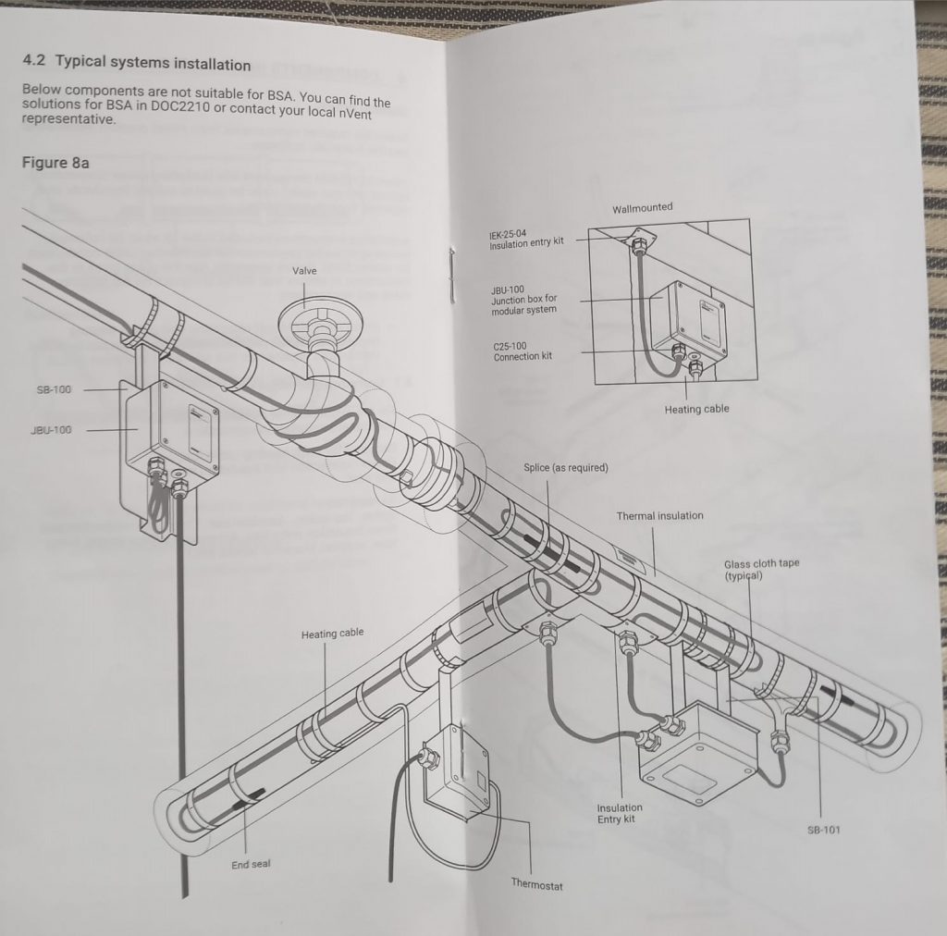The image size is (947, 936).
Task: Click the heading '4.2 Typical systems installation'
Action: [136, 64]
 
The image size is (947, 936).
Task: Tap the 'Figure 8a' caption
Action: [55, 163]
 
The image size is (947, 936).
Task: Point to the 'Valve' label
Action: [305, 271]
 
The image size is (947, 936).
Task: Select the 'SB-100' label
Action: [54, 389]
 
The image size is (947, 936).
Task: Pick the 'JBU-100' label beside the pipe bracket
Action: [51, 429]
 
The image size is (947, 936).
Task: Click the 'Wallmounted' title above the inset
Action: [642, 208]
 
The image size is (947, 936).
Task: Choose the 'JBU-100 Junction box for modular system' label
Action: [524, 301]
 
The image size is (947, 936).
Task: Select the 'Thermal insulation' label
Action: [659, 515]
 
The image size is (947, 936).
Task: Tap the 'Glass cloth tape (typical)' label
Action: [762, 570]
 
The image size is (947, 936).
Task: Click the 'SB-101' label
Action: [824, 830]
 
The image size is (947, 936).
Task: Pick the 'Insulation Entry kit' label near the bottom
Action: [620, 813]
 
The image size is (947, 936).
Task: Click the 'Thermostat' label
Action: [537, 884]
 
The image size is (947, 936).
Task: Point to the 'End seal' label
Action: [251, 865]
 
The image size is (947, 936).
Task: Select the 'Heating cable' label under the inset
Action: [696, 409]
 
